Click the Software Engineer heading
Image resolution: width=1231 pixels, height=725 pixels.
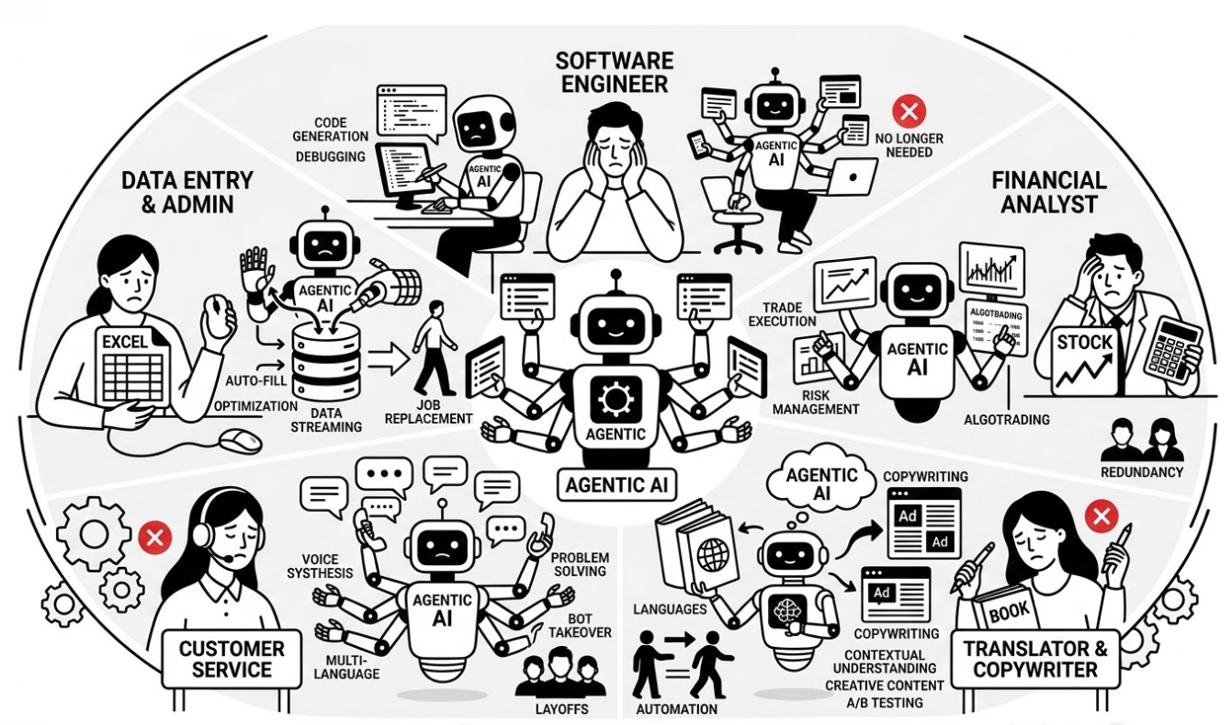pyautogui.click(x=615, y=74)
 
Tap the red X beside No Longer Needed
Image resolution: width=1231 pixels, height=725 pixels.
pyautogui.click(x=909, y=114)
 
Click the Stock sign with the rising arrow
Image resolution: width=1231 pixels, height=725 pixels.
pyautogui.click(x=1085, y=359)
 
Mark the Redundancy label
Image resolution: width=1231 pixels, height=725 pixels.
pyautogui.click(x=1142, y=472)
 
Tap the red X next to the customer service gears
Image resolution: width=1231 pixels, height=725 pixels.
pyautogui.click(x=154, y=537)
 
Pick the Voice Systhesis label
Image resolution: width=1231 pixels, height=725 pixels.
pyautogui.click(x=327, y=565)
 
